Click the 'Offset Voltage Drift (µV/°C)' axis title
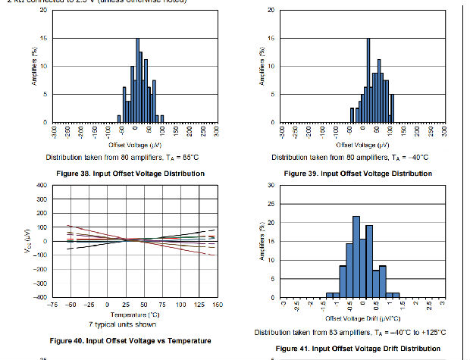click(362, 319)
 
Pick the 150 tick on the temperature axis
click(217, 305)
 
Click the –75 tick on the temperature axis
click(52, 305)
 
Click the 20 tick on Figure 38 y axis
click(43, 11)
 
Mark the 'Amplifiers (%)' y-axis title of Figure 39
click(262, 65)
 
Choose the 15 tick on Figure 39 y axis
click(271, 39)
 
